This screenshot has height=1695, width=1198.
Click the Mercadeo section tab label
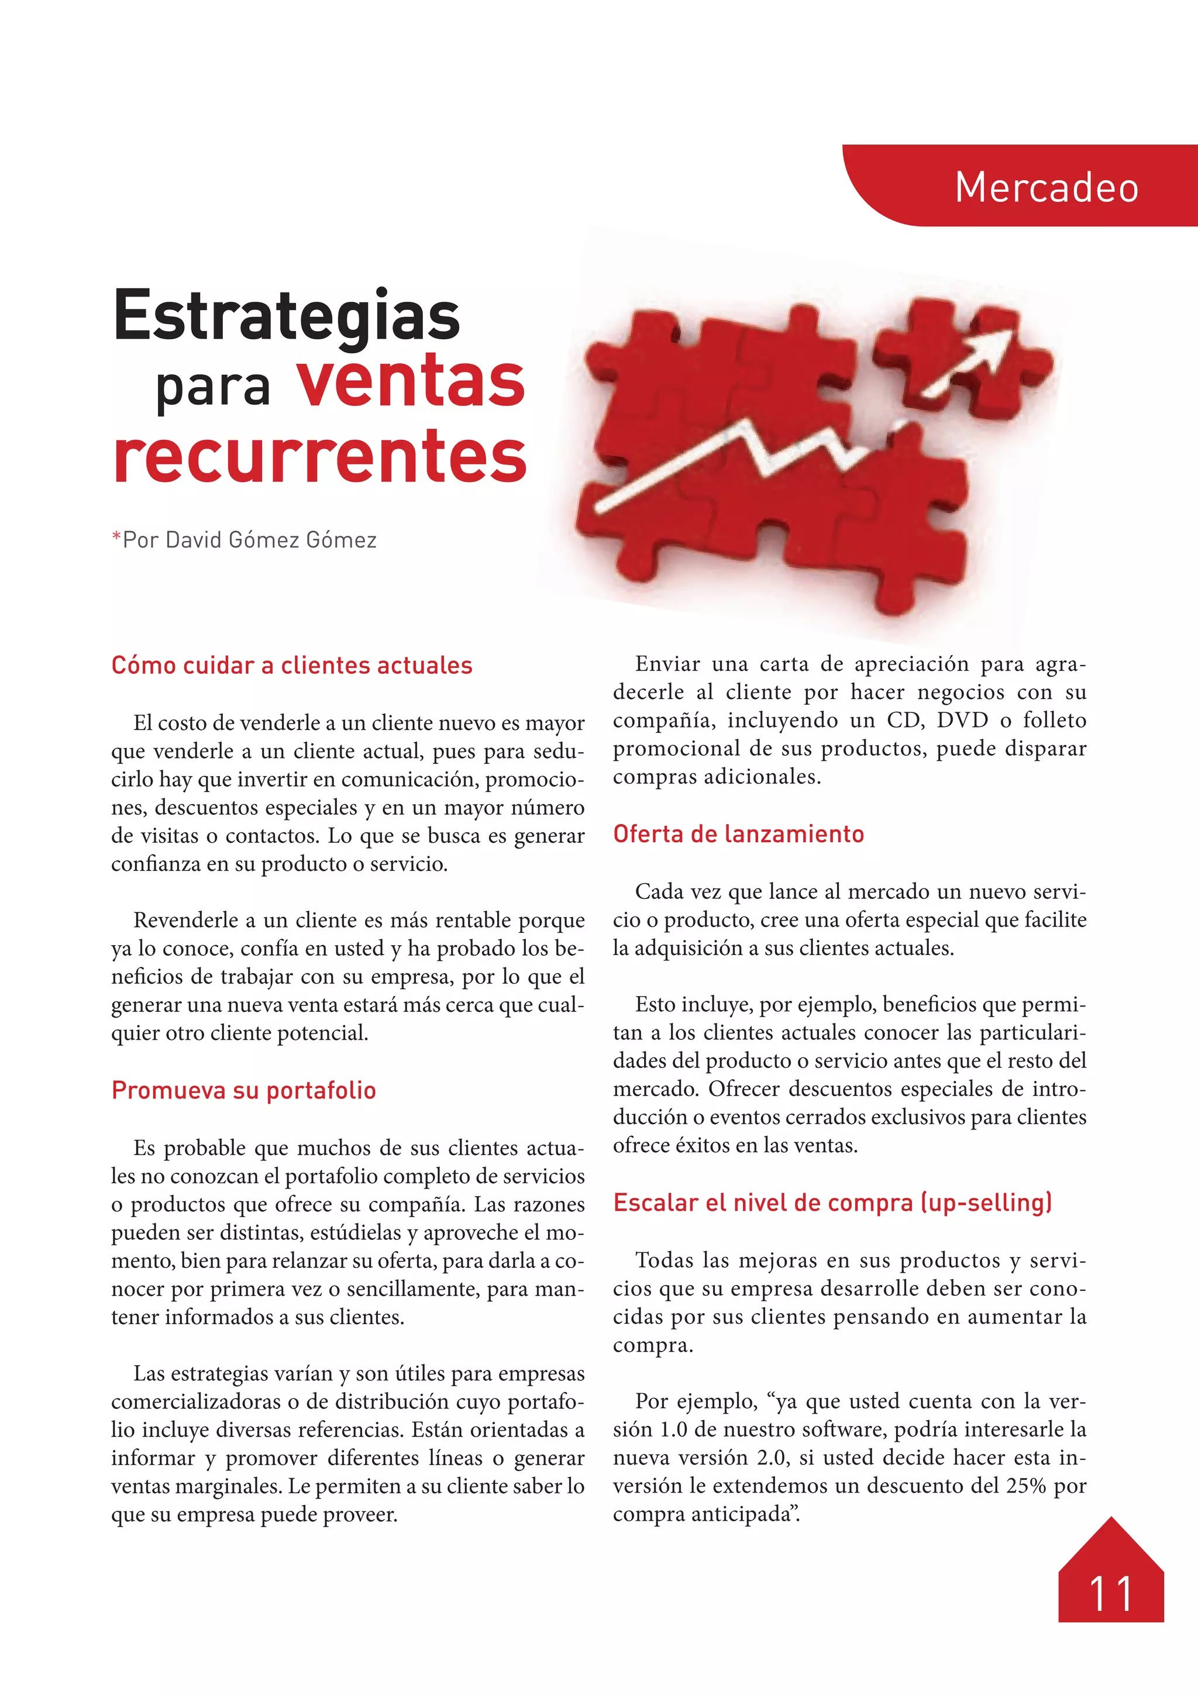click(1046, 188)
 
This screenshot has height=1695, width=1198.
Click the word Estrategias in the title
click(287, 315)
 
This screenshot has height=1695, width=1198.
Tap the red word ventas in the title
click(411, 383)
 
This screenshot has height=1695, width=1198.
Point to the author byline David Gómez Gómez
click(250, 540)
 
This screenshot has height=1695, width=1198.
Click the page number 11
click(1110, 1594)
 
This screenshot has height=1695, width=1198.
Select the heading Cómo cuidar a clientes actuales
click(291, 666)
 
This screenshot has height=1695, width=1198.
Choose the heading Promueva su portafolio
click(243, 1090)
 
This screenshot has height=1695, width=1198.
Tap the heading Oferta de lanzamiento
click(738, 834)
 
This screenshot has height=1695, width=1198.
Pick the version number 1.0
click(673, 1429)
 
